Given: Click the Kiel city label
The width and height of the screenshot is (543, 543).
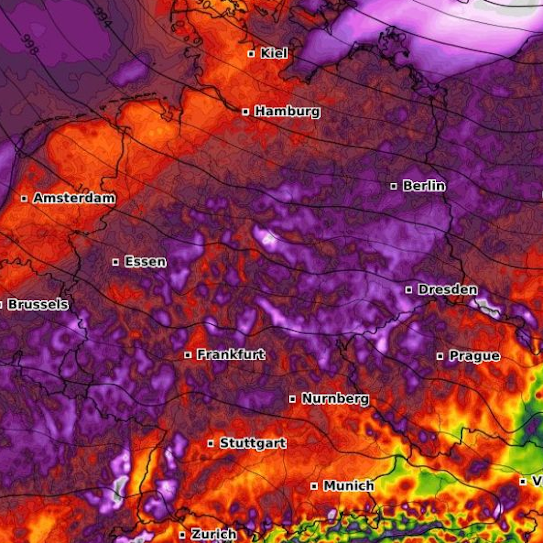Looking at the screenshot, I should (x=274, y=53).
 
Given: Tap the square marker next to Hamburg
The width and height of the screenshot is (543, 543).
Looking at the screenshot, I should (x=246, y=112).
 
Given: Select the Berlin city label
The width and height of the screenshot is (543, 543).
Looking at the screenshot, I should (x=424, y=186).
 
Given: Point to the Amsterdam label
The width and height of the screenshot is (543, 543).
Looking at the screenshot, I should (x=74, y=198).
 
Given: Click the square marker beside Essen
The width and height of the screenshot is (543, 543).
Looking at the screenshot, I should (x=116, y=262).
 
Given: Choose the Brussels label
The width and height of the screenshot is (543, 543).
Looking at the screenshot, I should (x=38, y=304).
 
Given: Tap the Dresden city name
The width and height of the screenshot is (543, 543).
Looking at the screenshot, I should (x=447, y=289).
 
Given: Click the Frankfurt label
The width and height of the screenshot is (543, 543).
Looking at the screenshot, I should (x=231, y=354).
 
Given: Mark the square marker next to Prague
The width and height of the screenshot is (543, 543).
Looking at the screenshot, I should (x=440, y=356).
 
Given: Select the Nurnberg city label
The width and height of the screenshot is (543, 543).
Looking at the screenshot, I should (x=335, y=399).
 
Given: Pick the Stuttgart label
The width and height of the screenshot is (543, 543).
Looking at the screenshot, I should (x=253, y=443).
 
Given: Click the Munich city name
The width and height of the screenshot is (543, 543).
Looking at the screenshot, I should (x=349, y=486).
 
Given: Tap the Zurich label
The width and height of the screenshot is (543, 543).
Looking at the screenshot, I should (x=214, y=534).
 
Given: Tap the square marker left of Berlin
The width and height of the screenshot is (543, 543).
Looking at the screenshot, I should (x=393, y=186).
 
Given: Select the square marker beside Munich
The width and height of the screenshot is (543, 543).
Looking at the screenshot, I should (x=314, y=486).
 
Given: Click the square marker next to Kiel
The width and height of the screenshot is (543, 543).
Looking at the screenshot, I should (x=251, y=54).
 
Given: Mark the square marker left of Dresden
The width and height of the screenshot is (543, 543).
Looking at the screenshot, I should (x=409, y=290).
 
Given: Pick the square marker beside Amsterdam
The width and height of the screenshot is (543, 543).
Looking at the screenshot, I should (x=24, y=199).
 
